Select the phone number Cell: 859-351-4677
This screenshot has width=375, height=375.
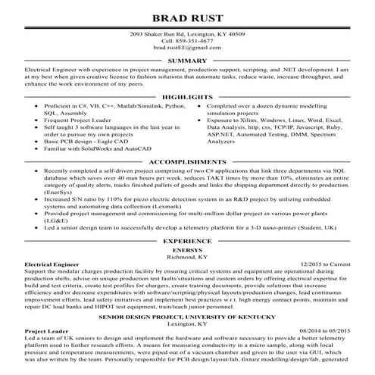point(187,40)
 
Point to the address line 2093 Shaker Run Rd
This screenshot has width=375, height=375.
point(187,33)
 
